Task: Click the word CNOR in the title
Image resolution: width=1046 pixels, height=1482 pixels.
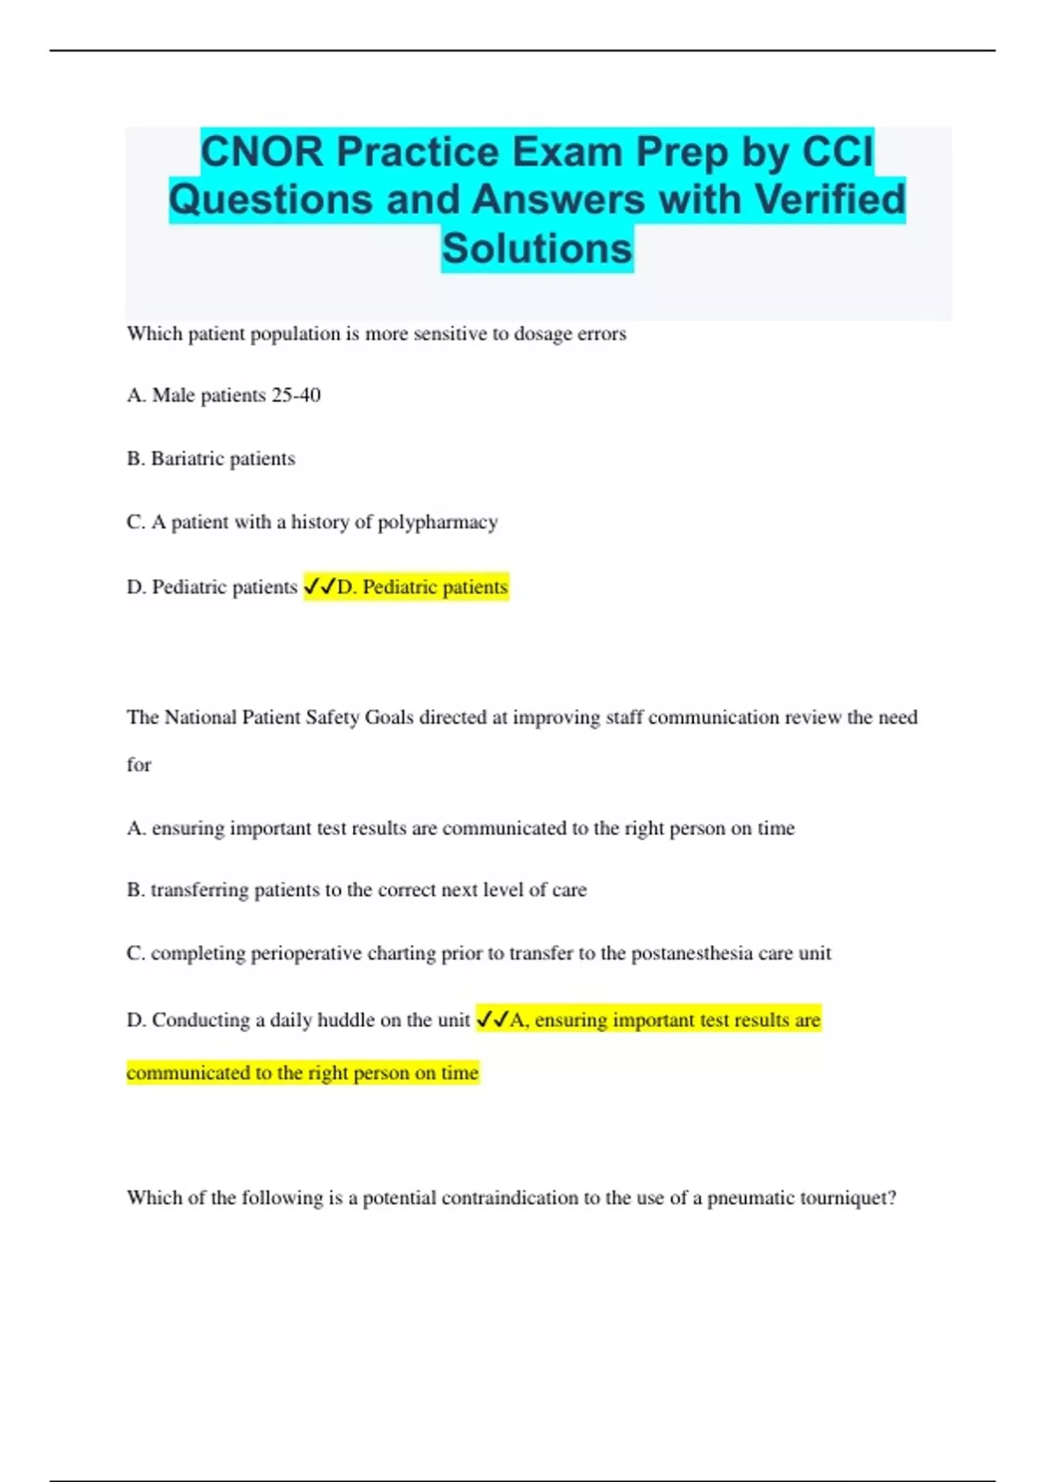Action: [262, 152]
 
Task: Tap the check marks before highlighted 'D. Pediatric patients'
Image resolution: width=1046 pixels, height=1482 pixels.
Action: [319, 587]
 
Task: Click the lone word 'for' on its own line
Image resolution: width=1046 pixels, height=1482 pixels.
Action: [139, 765]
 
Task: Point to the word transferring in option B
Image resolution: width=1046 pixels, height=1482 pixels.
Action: [200, 890]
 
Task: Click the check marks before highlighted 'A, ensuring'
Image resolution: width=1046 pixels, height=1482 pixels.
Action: [492, 1020]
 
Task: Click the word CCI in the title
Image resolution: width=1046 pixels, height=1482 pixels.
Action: [837, 152]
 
